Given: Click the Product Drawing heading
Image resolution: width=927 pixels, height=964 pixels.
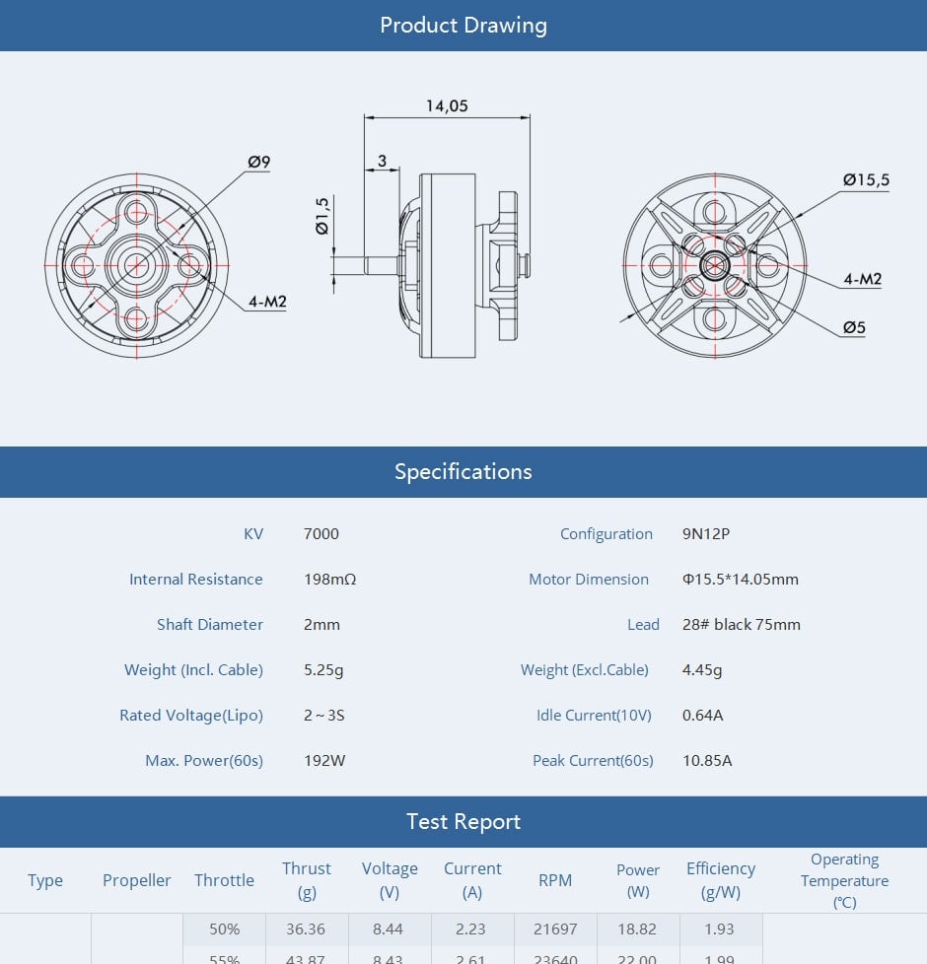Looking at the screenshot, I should tap(463, 25).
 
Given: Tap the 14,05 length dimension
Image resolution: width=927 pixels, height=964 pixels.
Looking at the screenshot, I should tap(447, 106).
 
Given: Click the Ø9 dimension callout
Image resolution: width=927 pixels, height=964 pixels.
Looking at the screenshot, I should tap(259, 163).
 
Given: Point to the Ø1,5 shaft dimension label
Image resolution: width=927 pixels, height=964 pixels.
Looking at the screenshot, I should tap(322, 216).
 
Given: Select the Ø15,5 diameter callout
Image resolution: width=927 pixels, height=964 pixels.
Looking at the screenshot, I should tap(866, 179).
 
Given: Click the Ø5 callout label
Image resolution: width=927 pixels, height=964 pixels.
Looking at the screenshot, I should tap(854, 327).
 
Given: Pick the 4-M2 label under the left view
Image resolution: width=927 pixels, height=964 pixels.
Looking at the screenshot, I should tap(267, 301).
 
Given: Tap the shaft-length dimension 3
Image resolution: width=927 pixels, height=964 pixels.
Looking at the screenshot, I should tap(382, 161).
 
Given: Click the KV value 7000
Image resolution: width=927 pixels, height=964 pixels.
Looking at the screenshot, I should tap(321, 534).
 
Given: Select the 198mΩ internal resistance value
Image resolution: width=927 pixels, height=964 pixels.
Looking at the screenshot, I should tap(329, 580).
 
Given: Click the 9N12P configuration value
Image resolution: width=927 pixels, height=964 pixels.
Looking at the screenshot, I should tap(706, 534).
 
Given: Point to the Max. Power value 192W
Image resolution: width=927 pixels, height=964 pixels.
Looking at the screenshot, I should tap(324, 761).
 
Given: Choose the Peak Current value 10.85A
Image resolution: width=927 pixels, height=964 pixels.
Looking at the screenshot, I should tap(707, 761).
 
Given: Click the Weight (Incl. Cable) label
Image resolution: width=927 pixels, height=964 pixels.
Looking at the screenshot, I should tap(193, 670).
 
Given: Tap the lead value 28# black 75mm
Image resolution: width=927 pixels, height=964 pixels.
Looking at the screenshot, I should tap(741, 625).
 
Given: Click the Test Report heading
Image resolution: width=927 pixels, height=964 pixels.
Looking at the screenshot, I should tap(463, 822).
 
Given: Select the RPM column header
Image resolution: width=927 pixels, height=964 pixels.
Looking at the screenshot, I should tap(555, 880).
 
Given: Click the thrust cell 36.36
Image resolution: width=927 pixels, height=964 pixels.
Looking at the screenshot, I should tap(307, 930).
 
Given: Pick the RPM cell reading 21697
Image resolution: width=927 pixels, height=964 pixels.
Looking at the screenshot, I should tap(555, 930).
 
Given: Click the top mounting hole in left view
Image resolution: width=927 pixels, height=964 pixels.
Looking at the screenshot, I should tap(135, 210).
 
